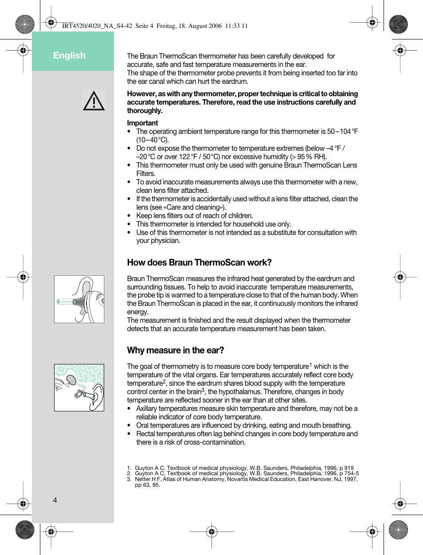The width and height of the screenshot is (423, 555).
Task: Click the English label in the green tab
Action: (x=69, y=55)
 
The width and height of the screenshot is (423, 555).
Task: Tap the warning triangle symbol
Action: (x=94, y=101)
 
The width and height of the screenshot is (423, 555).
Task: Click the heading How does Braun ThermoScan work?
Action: (x=199, y=262)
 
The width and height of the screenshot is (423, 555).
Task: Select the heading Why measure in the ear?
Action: (x=175, y=350)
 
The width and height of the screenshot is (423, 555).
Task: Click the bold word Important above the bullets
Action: (x=142, y=123)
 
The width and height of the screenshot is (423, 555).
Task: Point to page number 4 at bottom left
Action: (x=55, y=500)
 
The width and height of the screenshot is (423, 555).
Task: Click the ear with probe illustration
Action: (x=79, y=299)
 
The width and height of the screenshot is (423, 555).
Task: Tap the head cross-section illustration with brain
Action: (x=79, y=388)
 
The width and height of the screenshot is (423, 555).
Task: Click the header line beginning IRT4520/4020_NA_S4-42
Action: (x=155, y=26)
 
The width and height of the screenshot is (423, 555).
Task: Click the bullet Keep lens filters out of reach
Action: (x=194, y=216)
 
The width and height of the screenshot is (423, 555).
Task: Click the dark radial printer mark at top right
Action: (x=398, y=24)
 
